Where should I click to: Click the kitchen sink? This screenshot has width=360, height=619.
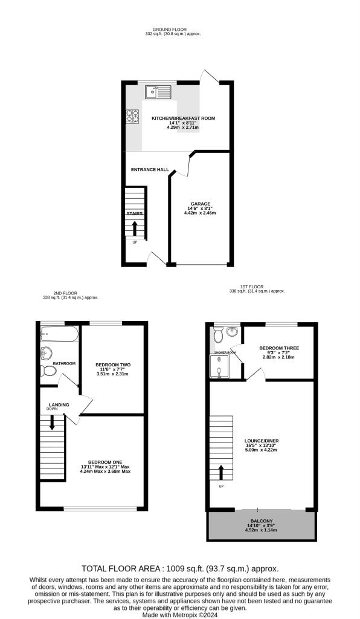click(157, 92)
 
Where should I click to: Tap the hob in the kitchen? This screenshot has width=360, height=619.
click(133, 117)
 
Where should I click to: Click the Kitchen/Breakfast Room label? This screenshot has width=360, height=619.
click(184, 118)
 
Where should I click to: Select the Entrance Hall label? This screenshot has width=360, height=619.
click(150, 170)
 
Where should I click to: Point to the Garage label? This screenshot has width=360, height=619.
click(201, 204)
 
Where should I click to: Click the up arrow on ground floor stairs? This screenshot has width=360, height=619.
click(135, 228)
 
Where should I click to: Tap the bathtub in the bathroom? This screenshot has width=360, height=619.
click(60, 334)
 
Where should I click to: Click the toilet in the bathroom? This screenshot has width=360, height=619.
click(49, 371)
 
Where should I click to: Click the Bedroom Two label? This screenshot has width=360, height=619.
click(113, 365)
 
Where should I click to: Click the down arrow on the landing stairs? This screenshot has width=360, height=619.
click(52, 423)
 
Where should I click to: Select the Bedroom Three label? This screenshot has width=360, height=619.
click(279, 348)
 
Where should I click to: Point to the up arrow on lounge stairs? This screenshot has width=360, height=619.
click(221, 472)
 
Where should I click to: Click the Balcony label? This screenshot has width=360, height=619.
click(262, 521)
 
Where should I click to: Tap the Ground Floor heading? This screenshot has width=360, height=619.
click(170, 30)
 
